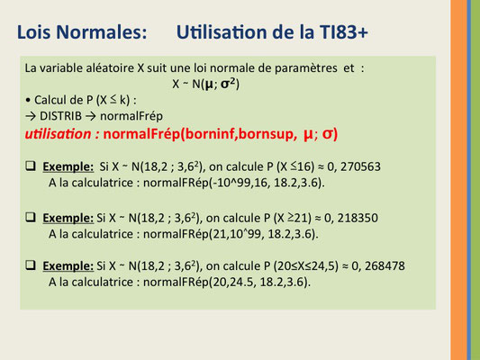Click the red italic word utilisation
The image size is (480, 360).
click(59, 134)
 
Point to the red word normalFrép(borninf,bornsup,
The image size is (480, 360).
click(200, 135)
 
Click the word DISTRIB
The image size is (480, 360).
click(60, 116)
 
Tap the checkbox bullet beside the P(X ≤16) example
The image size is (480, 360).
click(31, 166)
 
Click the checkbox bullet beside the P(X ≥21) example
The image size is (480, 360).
click(31, 217)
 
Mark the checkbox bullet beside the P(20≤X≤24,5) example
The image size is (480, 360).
click(31, 265)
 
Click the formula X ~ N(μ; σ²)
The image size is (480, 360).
click(205, 84)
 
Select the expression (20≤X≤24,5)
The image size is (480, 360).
click(305, 266)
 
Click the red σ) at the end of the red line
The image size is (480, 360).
click(330, 135)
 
